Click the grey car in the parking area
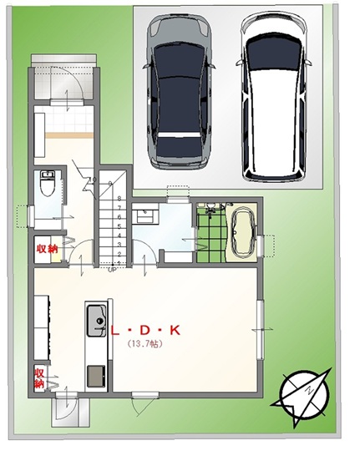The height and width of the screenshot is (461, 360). (x=179, y=91)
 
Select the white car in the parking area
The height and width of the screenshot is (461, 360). (x=273, y=97)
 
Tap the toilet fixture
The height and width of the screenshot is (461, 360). (x=48, y=184)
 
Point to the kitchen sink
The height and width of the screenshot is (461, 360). (x=96, y=321)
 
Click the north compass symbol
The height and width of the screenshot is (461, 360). (x=304, y=395)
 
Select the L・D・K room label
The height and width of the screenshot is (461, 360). (x=145, y=331)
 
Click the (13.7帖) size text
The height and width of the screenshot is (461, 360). (x=145, y=343)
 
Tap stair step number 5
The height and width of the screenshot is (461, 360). (x=119, y=226)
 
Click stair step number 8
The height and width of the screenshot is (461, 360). (x=119, y=199)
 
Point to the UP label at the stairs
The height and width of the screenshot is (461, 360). (x=112, y=269)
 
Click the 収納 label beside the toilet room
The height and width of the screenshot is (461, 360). (x=47, y=249)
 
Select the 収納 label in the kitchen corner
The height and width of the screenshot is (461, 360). (x=39, y=378)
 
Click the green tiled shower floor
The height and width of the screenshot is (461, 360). (x=211, y=237)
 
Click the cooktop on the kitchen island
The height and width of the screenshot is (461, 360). (x=96, y=376)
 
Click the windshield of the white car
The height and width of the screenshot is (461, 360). (x=273, y=53)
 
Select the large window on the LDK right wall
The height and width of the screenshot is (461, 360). (x=261, y=330)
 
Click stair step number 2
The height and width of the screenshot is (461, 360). (x=119, y=254)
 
